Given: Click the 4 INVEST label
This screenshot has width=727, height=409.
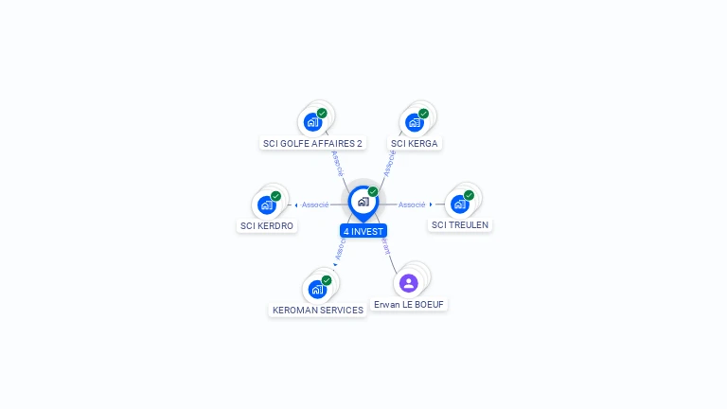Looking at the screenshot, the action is click(x=363, y=231).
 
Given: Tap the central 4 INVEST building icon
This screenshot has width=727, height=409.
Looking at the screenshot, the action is click(x=363, y=202).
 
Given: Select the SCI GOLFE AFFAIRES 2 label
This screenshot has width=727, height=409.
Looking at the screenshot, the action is click(x=312, y=144).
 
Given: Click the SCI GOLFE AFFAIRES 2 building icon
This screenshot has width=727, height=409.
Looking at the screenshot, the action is click(x=312, y=122).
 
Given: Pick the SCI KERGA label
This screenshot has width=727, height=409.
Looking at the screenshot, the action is click(x=416, y=144).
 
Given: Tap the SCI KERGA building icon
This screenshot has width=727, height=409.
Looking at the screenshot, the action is click(x=414, y=122).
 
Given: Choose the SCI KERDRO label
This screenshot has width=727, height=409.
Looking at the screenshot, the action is click(x=267, y=226).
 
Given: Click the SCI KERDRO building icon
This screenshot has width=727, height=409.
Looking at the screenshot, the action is click(x=267, y=204).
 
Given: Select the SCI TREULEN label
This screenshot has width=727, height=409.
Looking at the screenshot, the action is click(x=460, y=225).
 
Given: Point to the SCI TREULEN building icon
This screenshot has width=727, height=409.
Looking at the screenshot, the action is click(x=459, y=204).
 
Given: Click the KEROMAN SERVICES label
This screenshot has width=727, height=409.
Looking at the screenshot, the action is click(x=318, y=311).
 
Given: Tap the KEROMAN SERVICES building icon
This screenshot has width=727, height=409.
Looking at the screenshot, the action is click(x=316, y=289).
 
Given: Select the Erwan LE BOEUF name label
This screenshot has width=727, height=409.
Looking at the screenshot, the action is click(x=409, y=305).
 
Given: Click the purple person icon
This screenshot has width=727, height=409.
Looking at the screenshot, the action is click(x=409, y=283).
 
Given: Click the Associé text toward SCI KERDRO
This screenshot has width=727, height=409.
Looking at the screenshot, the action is click(x=315, y=204).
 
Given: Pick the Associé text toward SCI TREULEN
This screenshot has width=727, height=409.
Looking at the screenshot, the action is click(x=412, y=204).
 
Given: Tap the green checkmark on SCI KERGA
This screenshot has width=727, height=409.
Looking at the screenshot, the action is click(x=423, y=114).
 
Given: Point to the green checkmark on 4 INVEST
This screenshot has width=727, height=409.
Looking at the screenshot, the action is click(x=373, y=192).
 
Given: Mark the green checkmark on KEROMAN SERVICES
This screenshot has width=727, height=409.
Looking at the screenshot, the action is click(x=327, y=280).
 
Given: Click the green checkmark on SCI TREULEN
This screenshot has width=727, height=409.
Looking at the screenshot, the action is click(x=469, y=195).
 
